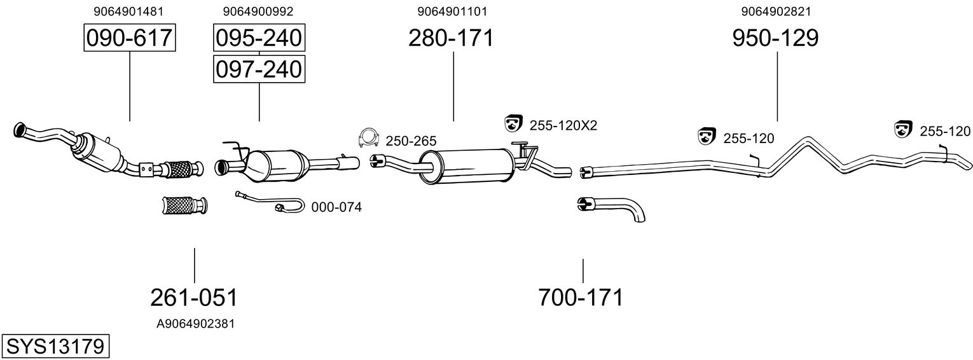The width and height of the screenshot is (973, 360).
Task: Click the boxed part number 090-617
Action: point(130,38)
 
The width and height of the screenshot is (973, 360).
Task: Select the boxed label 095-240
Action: point(259,38)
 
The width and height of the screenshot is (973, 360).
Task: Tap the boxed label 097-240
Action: point(259,69)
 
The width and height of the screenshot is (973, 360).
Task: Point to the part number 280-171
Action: point(451,38)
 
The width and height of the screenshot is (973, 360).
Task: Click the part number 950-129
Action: point(775,38)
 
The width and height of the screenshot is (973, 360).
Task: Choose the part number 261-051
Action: point(194,298)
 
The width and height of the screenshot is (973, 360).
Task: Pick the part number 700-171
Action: point(581,298)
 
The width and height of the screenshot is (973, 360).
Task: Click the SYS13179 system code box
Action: point(55,347)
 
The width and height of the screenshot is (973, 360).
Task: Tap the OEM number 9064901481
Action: point(128,11)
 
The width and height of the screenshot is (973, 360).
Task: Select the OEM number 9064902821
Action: point(776,11)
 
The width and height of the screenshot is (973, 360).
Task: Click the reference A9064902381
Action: point(195,324)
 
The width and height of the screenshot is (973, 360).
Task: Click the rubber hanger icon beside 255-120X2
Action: point(513,123)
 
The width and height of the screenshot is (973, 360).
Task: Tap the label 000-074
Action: point(336,207)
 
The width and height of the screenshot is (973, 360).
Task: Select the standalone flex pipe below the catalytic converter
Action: point(184,205)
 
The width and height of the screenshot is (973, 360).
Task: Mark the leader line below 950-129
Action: point(777,87)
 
